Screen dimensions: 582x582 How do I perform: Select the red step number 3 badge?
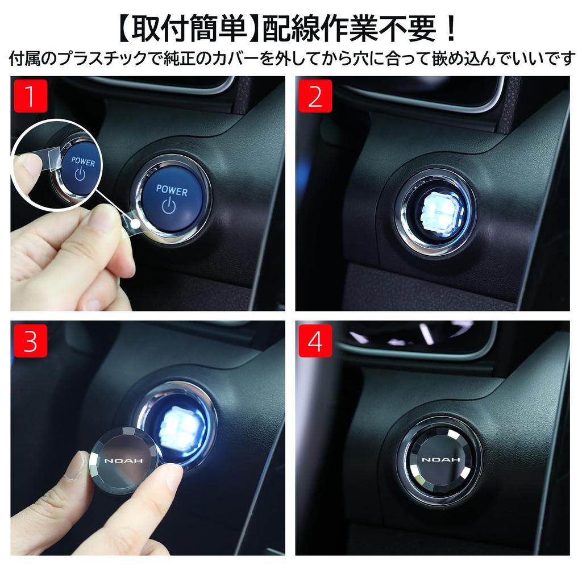[x=30, y=341]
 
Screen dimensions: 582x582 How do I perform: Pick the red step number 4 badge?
[x=315, y=341]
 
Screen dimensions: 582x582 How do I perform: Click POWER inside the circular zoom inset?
[x=84, y=162]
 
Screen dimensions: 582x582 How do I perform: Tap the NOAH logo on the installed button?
[x=439, y=459]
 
